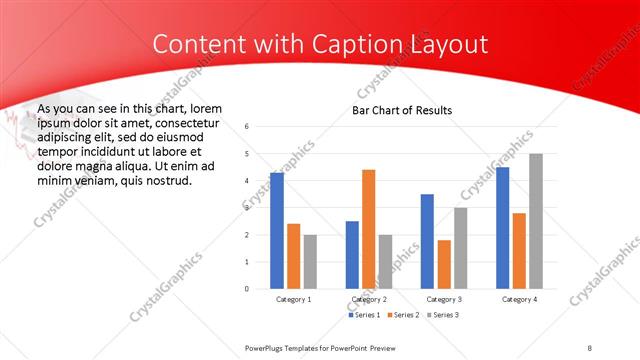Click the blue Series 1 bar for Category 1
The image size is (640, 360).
277,230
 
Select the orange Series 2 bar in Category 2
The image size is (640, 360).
368,229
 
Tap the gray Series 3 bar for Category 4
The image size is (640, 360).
535,221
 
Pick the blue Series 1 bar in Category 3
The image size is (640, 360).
427,241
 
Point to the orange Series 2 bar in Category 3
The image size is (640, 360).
443,264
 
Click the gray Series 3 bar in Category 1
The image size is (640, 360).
310,261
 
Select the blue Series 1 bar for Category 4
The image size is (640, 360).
502,227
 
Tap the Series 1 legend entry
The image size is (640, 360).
363,315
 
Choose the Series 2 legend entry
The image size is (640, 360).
401,315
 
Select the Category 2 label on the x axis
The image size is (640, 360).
368,299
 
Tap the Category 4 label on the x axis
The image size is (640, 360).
518,299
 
